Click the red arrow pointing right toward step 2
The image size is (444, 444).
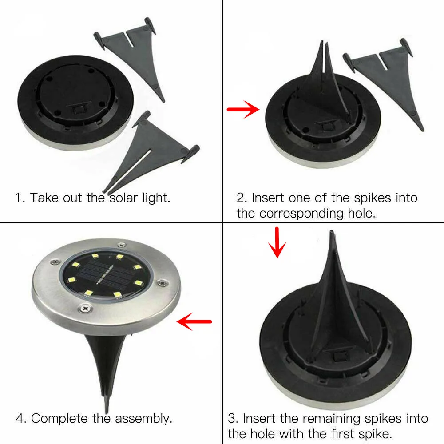point(243,109)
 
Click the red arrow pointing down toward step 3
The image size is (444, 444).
point(277,242)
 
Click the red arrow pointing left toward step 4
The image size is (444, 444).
point(194,321)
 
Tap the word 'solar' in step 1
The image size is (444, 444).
point(123,198)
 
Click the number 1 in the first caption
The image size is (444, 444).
point(19,198)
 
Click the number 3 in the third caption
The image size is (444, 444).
point(232,419)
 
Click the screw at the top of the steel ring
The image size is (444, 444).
point(122,245)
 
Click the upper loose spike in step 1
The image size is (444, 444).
point(129,55)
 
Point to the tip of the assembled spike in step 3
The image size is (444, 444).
point(331,232)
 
